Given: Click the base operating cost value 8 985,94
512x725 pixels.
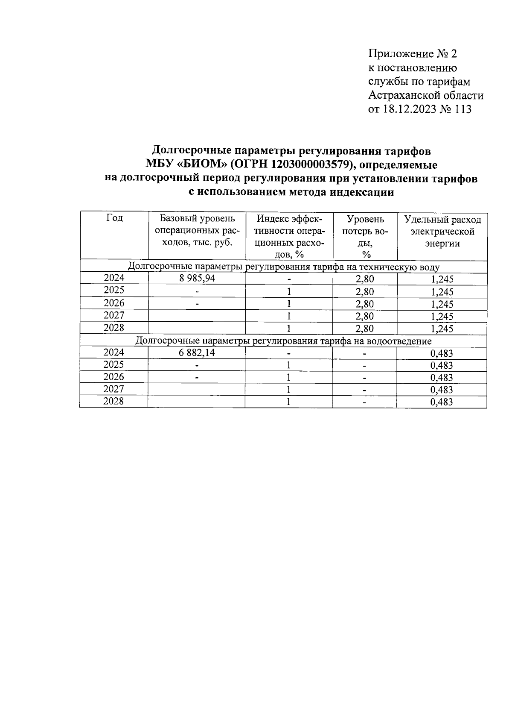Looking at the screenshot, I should click(x=197, y=279).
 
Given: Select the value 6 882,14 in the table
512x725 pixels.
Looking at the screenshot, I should click(x=197, y=353).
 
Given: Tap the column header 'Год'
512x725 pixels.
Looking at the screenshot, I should click(x=114, y=218).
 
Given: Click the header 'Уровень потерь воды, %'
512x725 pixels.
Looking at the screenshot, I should click(x=365, y=236).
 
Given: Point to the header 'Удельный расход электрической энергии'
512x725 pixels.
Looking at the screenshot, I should click(x=442, y=231).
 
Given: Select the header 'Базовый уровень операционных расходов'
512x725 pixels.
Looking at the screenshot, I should click(x=197, y=230).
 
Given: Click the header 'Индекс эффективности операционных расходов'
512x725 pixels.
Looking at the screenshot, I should click(x=289, y=236).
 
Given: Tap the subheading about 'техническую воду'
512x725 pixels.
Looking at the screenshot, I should click(x=284, y=267).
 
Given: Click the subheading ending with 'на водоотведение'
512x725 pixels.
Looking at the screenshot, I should click(x=284, y=341).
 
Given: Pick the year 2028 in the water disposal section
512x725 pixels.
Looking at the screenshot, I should click(x=114, y=401).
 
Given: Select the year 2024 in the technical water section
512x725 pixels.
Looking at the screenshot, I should click(x=114, y=278).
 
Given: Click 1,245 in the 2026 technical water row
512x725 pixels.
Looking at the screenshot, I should click(x=442, y=304).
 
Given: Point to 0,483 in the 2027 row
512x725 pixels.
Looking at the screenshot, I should click(x=442, y=390).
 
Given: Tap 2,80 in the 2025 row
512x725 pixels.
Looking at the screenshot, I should click(x=365, y=292).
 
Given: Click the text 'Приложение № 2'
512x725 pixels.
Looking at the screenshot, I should click(x=412, y=54).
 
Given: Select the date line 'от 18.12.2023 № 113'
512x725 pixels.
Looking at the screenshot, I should click(x=420, y=109).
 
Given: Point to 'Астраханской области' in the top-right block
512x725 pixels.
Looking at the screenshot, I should click(x=425, y=95).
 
